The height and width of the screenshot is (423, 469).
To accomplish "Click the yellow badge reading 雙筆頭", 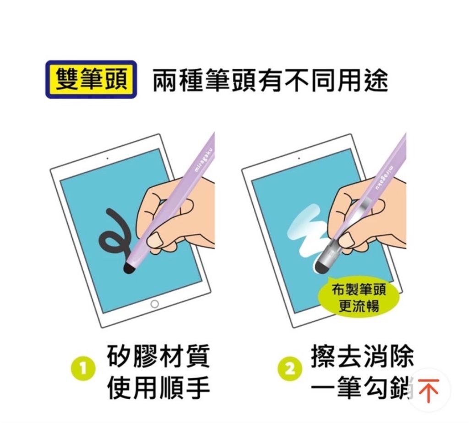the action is click(91, 79).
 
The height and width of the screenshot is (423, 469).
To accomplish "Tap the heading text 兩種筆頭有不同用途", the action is click(270, 80).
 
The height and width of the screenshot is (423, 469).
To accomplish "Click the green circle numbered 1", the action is click(83, 368).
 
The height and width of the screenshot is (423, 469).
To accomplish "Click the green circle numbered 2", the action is click(290, 368).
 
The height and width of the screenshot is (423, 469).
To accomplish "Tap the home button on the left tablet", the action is click(154, 304).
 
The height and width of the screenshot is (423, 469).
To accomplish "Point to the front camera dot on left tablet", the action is click(108, 158).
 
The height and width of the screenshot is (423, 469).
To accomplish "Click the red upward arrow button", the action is click(429, 390).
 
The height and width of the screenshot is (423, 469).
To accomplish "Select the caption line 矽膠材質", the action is click(158, 356).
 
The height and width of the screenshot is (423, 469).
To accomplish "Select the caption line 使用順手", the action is click(158, 389).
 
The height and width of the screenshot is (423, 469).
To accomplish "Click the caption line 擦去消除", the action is click(363, 356).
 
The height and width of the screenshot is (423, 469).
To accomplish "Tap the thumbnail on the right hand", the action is click(347, 239).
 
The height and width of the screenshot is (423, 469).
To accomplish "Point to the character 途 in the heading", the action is click(376, 80).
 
